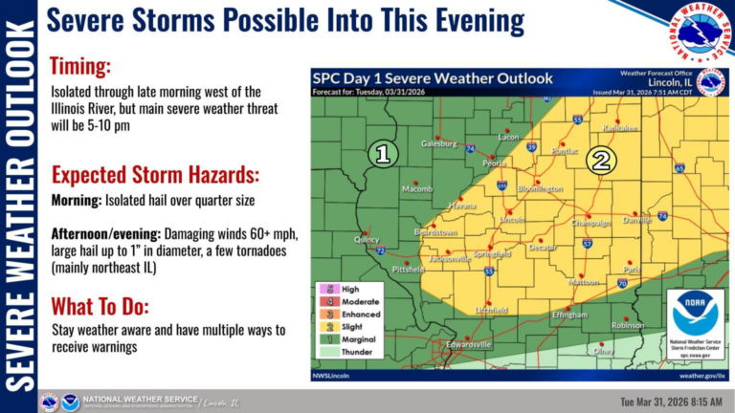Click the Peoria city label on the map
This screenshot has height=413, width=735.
click(494, 163)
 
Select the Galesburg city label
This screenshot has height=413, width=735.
click(440, 144)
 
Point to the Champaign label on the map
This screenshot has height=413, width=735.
click(591, 223)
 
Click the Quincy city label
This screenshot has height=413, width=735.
click(366, 240)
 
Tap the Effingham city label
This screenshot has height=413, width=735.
click(569, 315)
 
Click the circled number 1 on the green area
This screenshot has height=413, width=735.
click(383, 154)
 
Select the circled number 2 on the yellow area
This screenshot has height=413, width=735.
click(600, 160)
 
